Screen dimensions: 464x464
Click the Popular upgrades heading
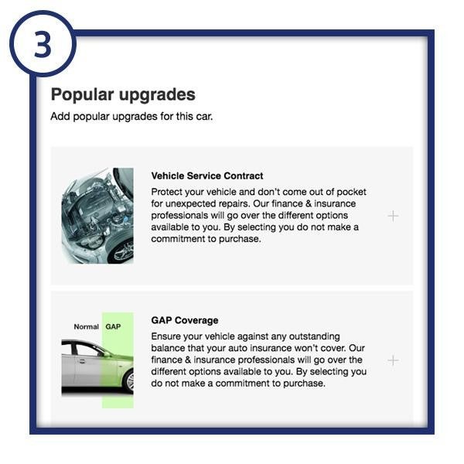click(x=123, y=95)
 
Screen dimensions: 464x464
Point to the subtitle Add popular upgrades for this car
click(x=131, y=117)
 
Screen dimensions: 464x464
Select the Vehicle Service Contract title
click(x=207, y=176)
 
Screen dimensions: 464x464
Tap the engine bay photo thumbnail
click(x=97, y=216)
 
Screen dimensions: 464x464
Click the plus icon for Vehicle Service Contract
click(x=393, y=216)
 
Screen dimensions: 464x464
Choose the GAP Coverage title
click(x=185, y=320)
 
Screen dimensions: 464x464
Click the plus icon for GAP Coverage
click(x=393, y=360)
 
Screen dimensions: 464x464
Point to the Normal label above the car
click(x=86, y=327)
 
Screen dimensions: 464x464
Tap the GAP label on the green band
click(x=113, y=327)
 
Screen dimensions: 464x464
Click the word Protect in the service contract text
click(x=168, y=192)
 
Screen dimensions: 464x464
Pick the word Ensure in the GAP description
click(x=167, y=336)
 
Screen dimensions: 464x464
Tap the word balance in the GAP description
click(x=169, y=348)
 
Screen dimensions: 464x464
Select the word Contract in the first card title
click(x=242, y=176)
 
